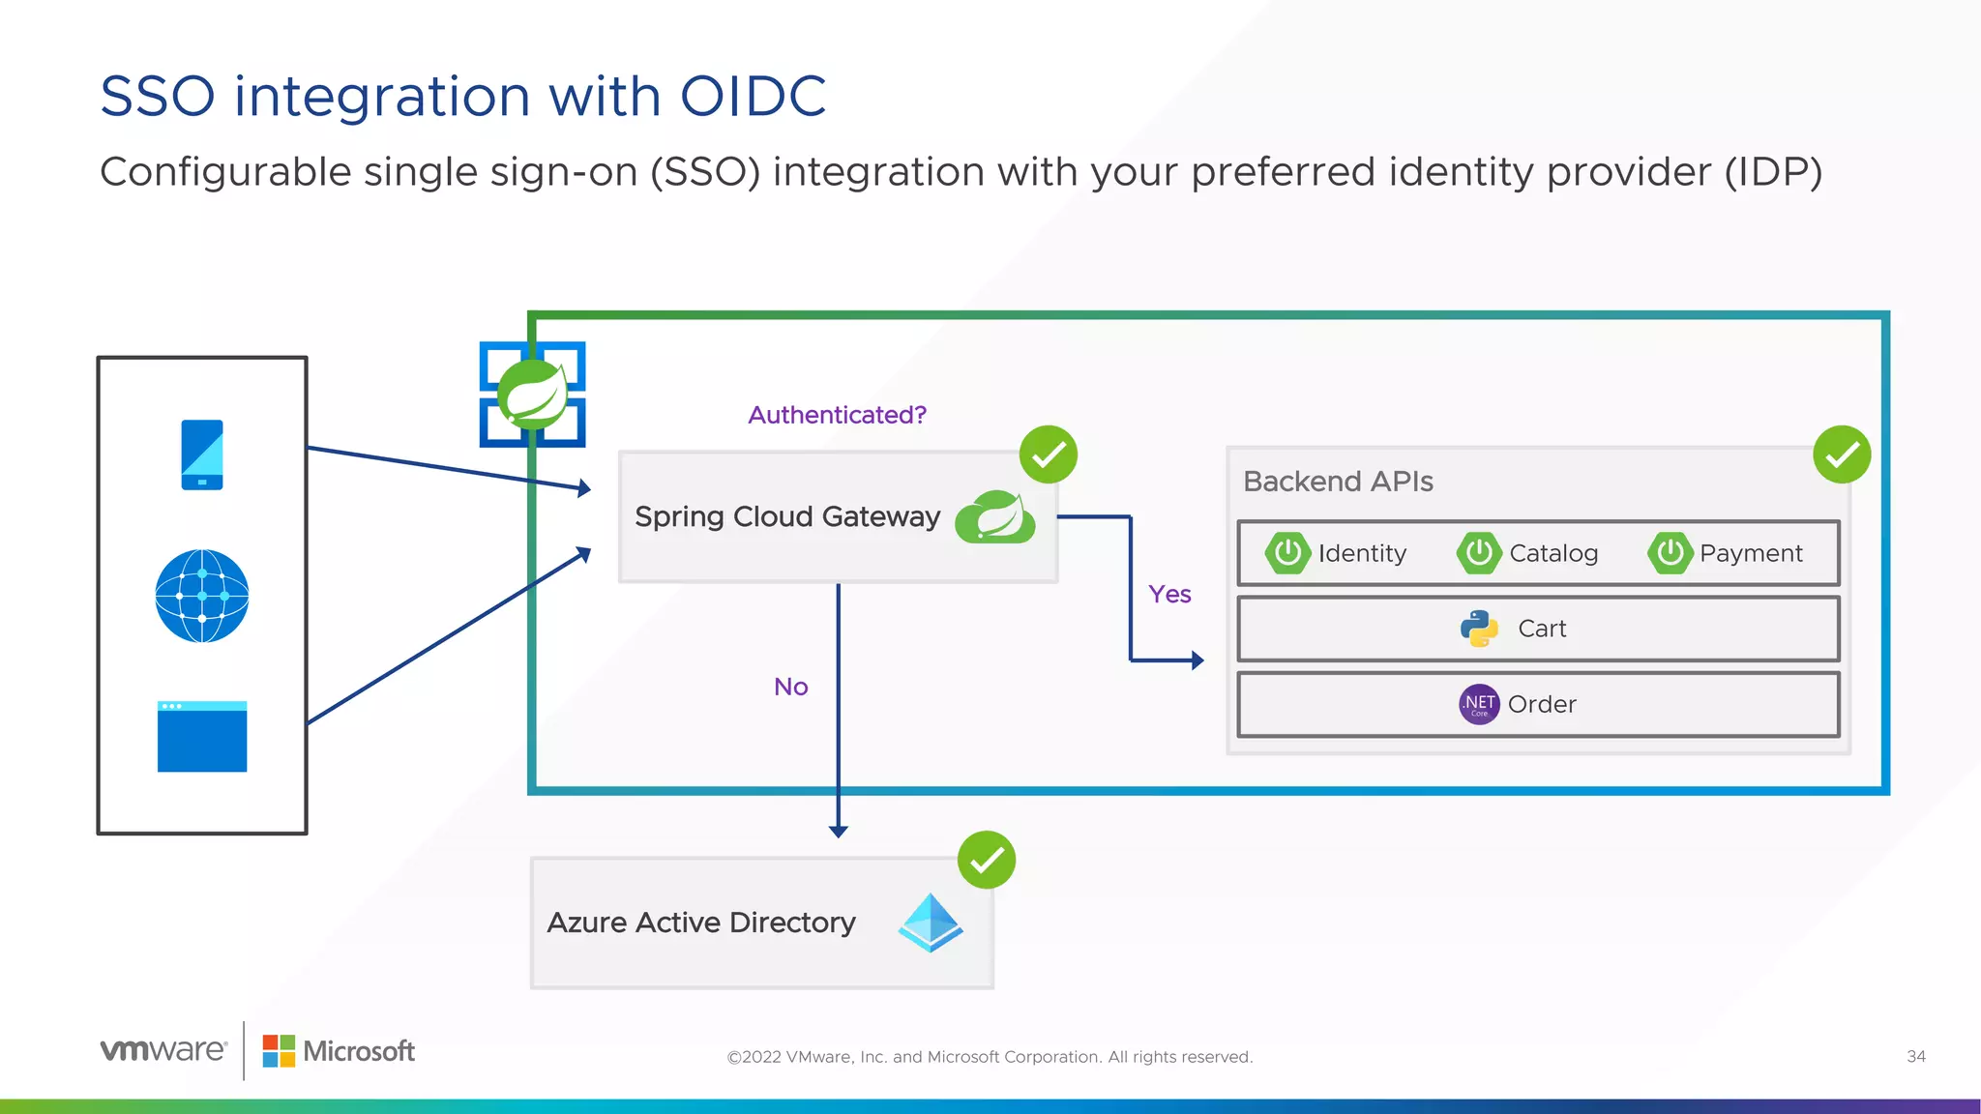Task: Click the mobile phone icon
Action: point(202,454)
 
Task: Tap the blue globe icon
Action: point(202,596)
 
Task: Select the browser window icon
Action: point(202,737)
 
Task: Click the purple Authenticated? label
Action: point(837,415)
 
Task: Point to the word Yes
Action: point(1169,594)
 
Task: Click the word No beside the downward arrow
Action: point(790,687)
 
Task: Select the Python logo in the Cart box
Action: point(1479,629)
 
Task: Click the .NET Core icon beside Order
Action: point(1479,704)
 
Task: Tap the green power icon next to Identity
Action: point(1287,553)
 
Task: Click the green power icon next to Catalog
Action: point(1479,553)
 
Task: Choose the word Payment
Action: point(1751,553)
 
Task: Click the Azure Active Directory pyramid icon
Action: point(931,923)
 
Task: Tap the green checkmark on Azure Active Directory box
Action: point(987,860)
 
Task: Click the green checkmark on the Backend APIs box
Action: point(1842,454)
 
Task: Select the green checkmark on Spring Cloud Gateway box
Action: point(1049,454)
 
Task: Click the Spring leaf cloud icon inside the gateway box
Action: point(995,517)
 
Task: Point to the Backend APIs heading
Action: point(1338,482)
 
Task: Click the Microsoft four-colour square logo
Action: point(279,1051)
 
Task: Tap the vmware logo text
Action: point(163,1050)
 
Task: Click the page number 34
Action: point(1915,1057)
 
